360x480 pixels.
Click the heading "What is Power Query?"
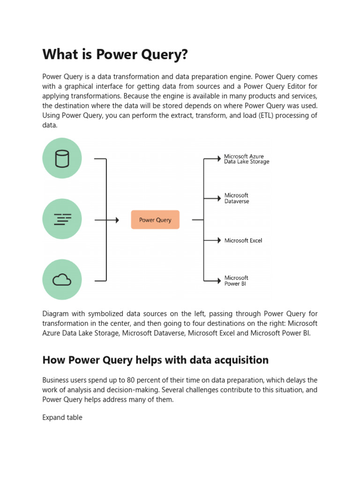coord(115,55)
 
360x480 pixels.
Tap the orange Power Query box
coord(155,220)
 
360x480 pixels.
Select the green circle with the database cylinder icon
coord(62,158)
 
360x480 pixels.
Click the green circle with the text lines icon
coord(62,219)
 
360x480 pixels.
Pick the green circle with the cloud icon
coord(62,280)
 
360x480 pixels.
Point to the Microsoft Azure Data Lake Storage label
coord(247,159)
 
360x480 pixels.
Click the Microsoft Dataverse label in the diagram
coord(237,198)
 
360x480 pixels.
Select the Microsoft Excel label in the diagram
coord(243,240)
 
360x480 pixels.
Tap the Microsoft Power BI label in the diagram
coord(236,281)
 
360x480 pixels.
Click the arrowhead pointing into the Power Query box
coord(117,220)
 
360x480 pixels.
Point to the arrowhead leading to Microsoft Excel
coord(218,240)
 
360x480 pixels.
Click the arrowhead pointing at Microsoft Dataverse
coord(218,199)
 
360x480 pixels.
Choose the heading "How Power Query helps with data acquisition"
coord(155,360)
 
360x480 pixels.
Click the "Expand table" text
coord(62,417)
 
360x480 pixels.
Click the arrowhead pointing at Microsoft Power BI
coord(218,281)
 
